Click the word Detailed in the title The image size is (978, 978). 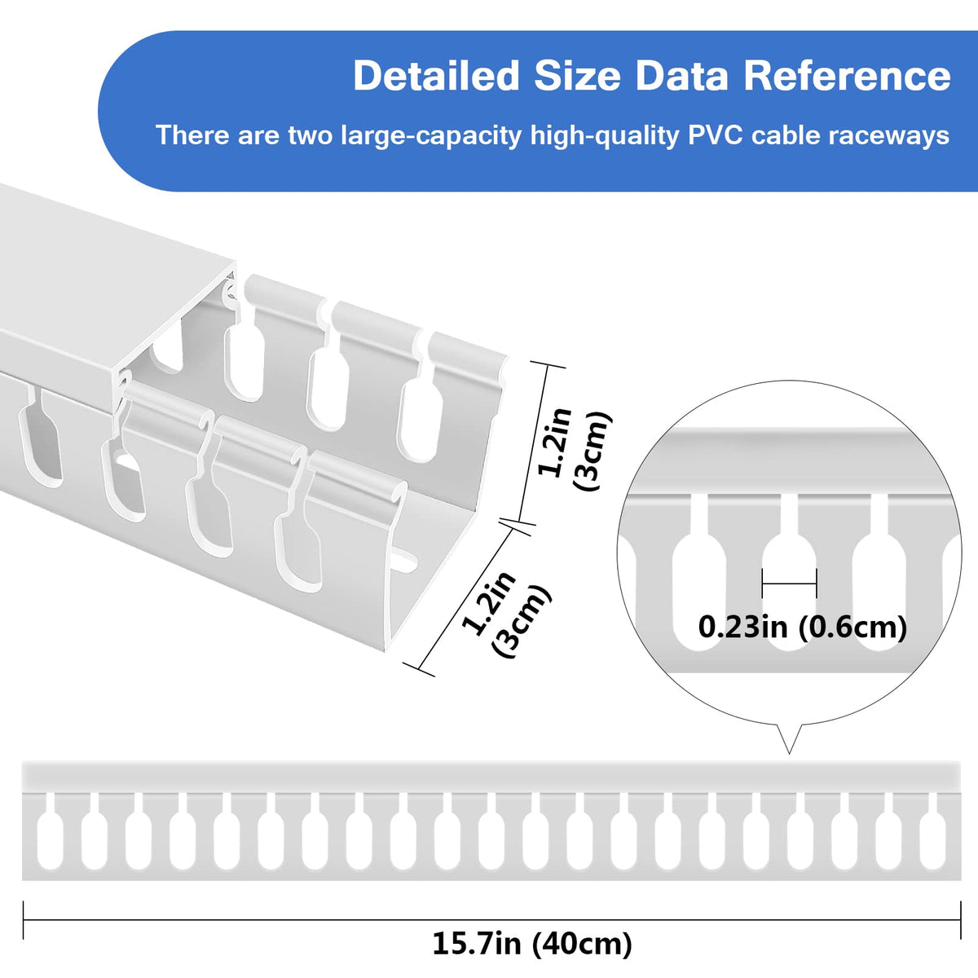click(x=435, y=76)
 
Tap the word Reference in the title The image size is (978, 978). click(x=847, y=76)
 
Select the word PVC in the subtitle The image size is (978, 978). click(x=715, y=134)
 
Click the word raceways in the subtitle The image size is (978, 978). click(x=891, y=134)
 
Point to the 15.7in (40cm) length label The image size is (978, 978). click(x=532, y=944)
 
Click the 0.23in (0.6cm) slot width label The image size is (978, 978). click(x=802, y=627)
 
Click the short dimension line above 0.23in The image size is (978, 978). click(x=789, y=584)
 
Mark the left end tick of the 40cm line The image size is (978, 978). click(x=24, y=919)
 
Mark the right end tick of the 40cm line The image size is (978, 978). click(x=960, y=919)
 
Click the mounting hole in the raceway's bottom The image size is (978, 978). click(x=404, y=562)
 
